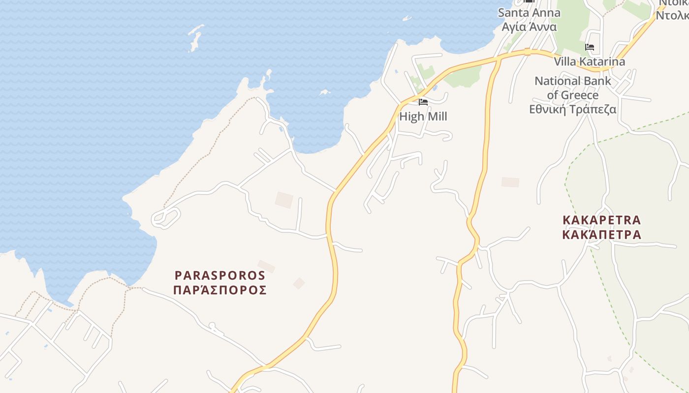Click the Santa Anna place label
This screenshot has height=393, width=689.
pos(529,13)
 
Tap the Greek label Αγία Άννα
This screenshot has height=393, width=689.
pos(529,27)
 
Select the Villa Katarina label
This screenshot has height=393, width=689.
pos(590,61)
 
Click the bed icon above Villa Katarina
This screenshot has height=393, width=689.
pos(590,47)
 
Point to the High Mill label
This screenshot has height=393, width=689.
pos(423,116)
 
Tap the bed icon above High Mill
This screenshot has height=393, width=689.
pos(423,102)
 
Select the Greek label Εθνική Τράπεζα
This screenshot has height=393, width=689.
pos(573,109)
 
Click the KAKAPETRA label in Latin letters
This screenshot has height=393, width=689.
pos(602,220)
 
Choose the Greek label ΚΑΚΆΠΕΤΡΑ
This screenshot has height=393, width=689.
pos(602,234)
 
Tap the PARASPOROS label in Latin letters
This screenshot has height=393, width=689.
pos(220,275)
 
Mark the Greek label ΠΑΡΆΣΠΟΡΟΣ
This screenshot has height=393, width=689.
pos(220,290)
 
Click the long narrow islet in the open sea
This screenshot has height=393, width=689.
pos(195,38)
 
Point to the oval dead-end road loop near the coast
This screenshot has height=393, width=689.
pos(166,218)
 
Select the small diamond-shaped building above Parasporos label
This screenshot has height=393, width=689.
pos(299,283)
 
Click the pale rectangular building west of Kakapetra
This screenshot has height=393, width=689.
pos(510,182)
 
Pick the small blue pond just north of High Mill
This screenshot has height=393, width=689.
pos(435,88)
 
